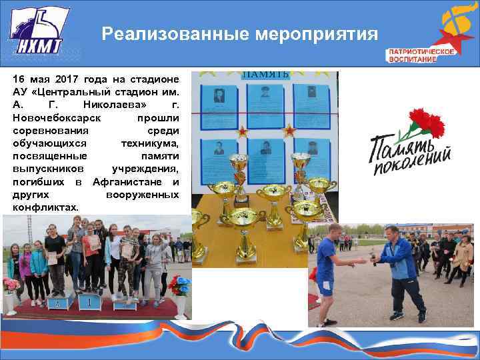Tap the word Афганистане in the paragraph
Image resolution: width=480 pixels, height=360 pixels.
[x=136, y=182]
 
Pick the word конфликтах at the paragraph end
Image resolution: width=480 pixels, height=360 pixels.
[x=45, y=207]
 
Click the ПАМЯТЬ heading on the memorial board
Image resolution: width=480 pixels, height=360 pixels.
[x=265, y=74]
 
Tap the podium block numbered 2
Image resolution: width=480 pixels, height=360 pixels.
[x=61, y=302]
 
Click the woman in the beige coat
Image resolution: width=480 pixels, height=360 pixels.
[x=462, y=257]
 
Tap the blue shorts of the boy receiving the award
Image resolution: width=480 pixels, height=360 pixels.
[x=326, y=287]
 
